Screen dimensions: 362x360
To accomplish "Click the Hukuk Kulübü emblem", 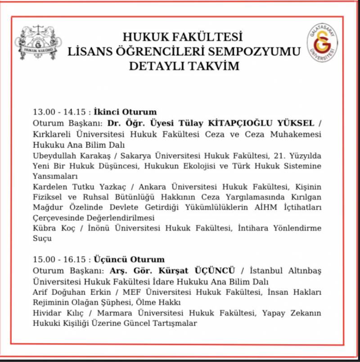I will coord(38,44).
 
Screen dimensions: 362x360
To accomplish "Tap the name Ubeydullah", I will coord(54,156).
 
